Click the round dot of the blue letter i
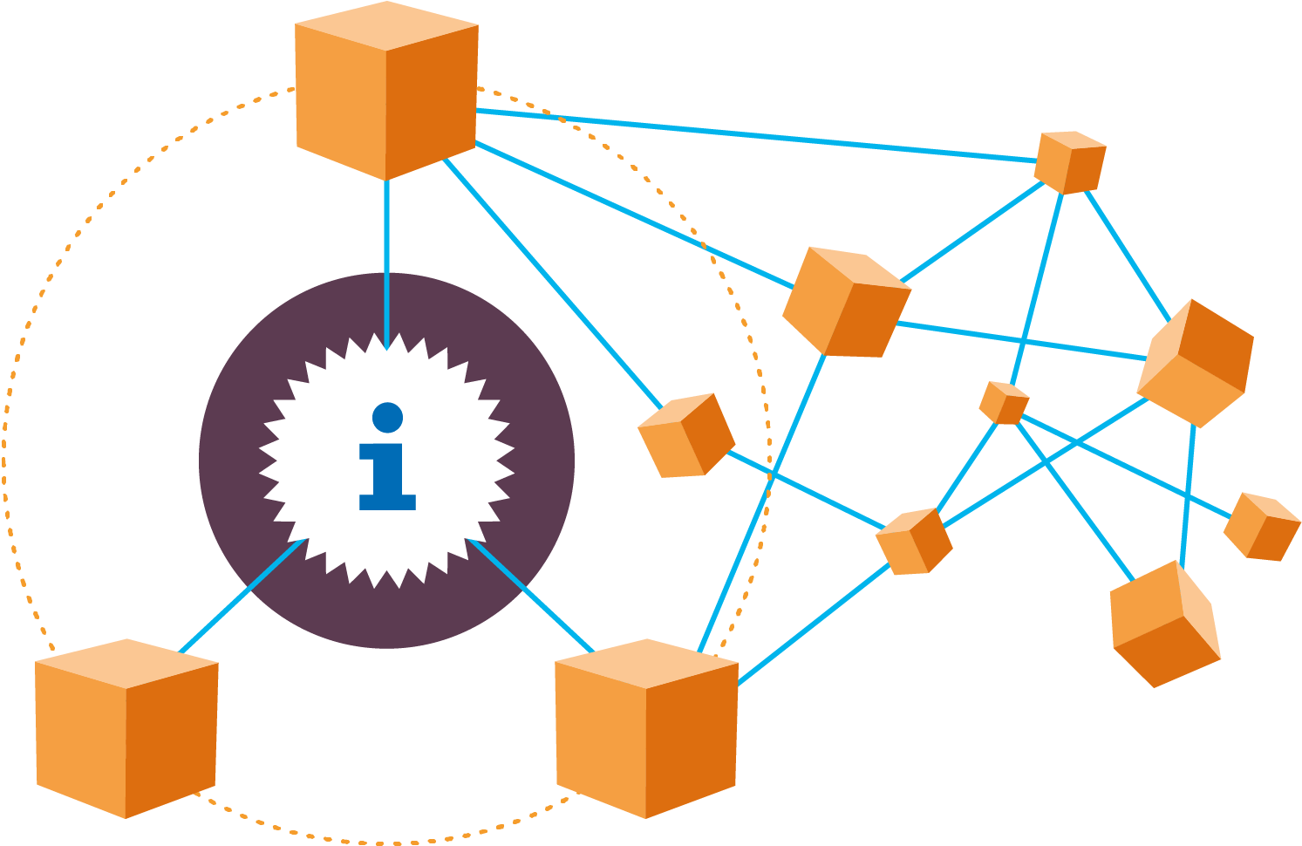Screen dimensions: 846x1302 coord(387,417)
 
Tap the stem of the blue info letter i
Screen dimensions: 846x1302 coord(387,475)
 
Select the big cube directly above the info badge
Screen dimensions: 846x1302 coord(386,92)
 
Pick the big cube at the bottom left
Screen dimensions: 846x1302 coord(126,728)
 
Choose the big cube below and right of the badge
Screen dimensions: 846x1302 coord(646,728)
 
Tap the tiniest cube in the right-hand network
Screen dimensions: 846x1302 coord(1004,403)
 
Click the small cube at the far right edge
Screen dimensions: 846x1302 coord(1262,527)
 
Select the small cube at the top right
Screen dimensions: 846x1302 coord(1070,162)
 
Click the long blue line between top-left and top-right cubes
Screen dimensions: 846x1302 coord(759,135)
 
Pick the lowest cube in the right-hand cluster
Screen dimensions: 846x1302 coord(1164,624)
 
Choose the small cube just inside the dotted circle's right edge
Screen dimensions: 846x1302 coord(686,435)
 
